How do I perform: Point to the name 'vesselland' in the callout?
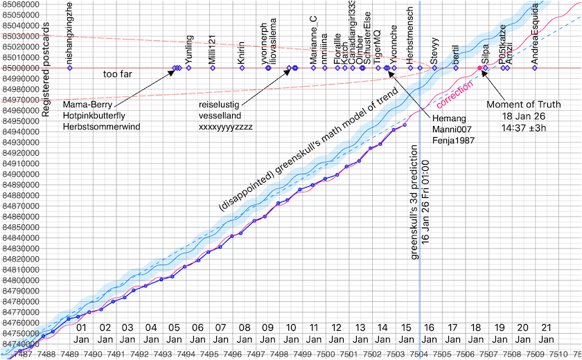[x=220, y=116]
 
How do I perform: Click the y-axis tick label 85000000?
[x=21, y=68]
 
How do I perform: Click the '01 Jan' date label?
[x=82, y=333]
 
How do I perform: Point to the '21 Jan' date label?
[x=546, y=333]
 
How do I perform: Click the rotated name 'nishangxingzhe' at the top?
[x=69, y=35]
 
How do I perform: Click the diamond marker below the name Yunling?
[x=188, y=68]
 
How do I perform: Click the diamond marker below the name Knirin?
[x=240, y=68]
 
